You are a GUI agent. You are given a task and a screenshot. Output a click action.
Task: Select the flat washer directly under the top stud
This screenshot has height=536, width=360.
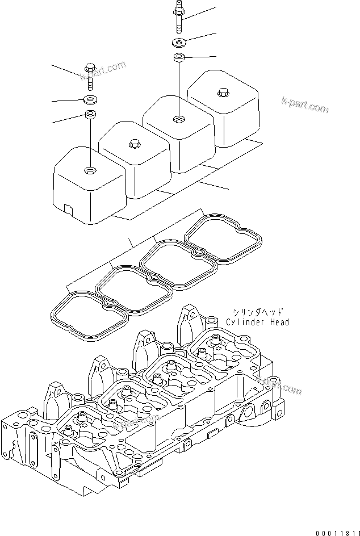179,42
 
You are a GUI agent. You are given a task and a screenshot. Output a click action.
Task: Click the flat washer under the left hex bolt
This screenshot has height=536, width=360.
90,101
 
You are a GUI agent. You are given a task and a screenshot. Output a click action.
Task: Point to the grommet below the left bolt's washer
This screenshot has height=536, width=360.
90,115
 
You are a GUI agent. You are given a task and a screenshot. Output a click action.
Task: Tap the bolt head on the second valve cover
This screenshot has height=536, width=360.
135,143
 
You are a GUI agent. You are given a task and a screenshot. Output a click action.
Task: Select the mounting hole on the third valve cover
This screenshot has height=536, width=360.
179,119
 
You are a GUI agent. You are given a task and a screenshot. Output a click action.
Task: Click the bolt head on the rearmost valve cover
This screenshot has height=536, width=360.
223,93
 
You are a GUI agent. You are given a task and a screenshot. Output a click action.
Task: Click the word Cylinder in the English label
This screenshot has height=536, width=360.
245,322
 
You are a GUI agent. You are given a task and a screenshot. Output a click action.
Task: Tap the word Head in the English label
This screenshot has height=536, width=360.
279,322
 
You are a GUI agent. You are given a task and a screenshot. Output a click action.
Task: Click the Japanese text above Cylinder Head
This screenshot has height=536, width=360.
257,312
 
